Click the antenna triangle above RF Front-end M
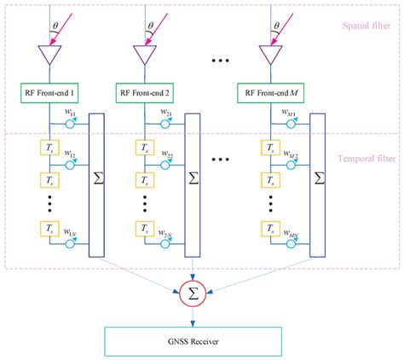click(x=272, y=55)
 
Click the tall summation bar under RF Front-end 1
click(x=96, y=182)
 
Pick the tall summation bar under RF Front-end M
click(x=318, y=182)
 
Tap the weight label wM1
click(x=290, y=113)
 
